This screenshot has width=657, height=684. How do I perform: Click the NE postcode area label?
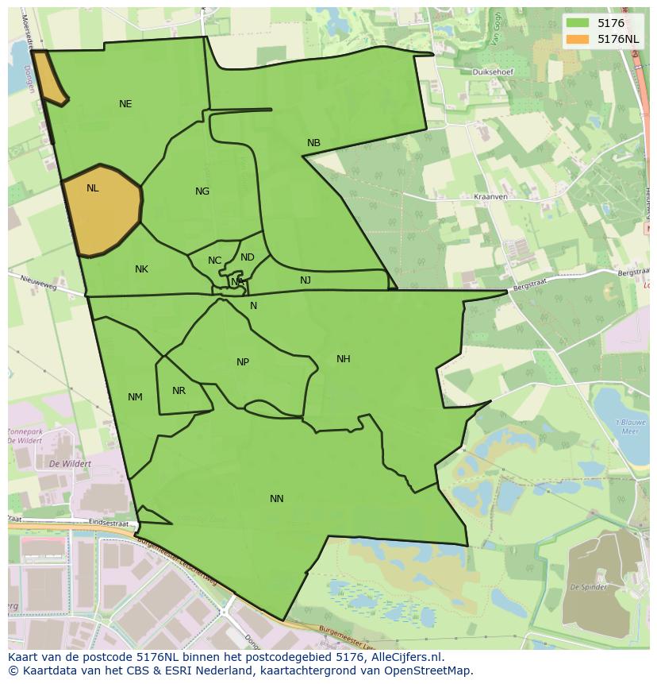click(125, 104)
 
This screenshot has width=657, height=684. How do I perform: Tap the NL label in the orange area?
click(93, 188)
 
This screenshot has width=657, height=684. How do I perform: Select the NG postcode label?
click(202, 191)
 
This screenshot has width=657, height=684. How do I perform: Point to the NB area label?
click(313, 143)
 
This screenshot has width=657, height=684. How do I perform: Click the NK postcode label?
click(141, 269)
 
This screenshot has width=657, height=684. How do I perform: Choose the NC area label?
click(214, 261)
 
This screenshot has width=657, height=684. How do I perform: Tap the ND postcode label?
click(248, 257)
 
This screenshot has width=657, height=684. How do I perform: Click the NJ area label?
click(305, 280)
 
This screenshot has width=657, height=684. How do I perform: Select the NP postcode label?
click(243, 362)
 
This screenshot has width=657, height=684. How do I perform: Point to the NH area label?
click(343, 359)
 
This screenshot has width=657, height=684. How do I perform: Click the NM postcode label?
click(135, 397)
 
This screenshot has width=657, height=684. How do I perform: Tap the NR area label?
click(179, 391)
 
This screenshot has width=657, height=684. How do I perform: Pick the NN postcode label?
click(276, 499)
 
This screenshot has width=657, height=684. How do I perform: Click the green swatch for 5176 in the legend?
click(577, 24)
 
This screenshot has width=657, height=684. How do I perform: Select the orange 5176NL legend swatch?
click(577, 39)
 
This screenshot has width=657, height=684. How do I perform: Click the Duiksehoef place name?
click(492, 72)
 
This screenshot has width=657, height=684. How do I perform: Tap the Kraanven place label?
click(490, 195)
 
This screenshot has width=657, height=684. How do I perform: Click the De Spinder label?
click(588, 588)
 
